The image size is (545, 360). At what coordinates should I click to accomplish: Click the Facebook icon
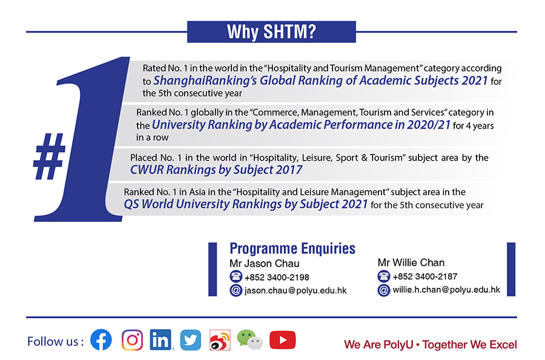(x=101, y=340)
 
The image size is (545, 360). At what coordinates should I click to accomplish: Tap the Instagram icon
(x=132, y=340)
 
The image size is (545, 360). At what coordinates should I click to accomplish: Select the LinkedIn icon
(x=160, y=339)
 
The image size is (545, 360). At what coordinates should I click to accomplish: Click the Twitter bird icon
(x=191, y=340)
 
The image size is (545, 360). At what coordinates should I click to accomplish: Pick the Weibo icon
(x=220, y=340)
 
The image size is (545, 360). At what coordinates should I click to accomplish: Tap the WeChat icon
(x=249, y=339)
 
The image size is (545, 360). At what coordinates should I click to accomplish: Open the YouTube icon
(x=283, y=340)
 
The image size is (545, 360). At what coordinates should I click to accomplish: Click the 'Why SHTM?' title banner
(x=271, y=32)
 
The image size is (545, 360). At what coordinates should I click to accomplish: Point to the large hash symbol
(x=49, y=156)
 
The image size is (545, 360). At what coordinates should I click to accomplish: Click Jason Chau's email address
(x=296, y=290)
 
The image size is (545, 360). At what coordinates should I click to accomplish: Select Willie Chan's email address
(x=446, y=290)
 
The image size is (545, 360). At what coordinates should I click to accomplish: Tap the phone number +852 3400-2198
(x=277, y=277)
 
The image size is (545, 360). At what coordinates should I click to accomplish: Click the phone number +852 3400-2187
(x=424, y=276)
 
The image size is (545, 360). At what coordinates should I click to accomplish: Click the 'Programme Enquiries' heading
(x=292, y=248)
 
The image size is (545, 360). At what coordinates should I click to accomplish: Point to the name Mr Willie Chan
(x=411, y=262)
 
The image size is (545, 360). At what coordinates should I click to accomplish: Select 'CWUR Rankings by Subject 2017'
(x=216, y=170)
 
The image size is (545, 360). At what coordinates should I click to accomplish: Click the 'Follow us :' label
(x=56, y=342)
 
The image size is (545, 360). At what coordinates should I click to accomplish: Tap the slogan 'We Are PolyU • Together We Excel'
(x=431, y=345)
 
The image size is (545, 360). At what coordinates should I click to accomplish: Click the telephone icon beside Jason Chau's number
(x=236, y=276)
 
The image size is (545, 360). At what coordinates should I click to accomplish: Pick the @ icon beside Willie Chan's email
(x=384, y=290)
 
